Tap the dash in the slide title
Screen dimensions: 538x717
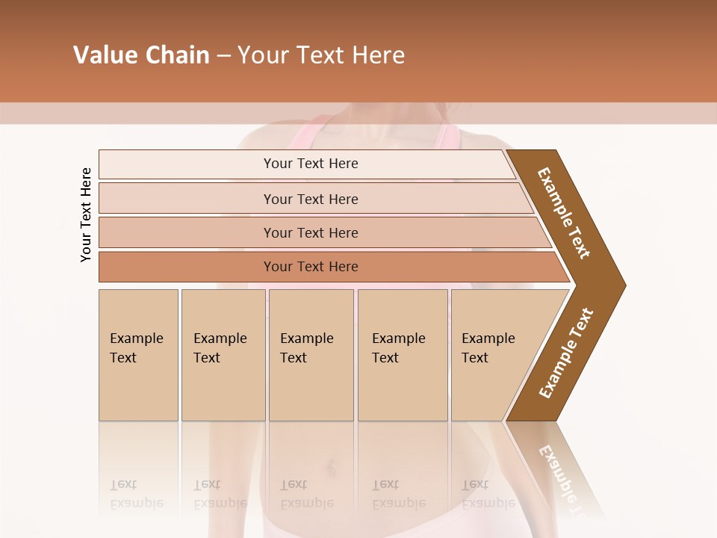click(223, 56)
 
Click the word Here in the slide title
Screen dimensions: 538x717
click(378, 55)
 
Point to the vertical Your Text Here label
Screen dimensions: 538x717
click(86, 214)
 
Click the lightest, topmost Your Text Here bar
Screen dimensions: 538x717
click(311, 164)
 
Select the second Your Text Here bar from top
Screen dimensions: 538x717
click(311, 199)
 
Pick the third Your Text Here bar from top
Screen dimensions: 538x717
click(311, 232)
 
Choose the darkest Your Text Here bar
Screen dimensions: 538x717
click(311, 267)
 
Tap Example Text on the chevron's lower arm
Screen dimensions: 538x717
click(565, 353)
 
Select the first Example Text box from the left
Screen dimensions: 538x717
click(138, 354)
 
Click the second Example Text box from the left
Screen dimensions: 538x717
click(223, 354)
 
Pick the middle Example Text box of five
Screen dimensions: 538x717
click(311, 354)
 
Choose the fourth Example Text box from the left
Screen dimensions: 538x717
click(402, 354)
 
